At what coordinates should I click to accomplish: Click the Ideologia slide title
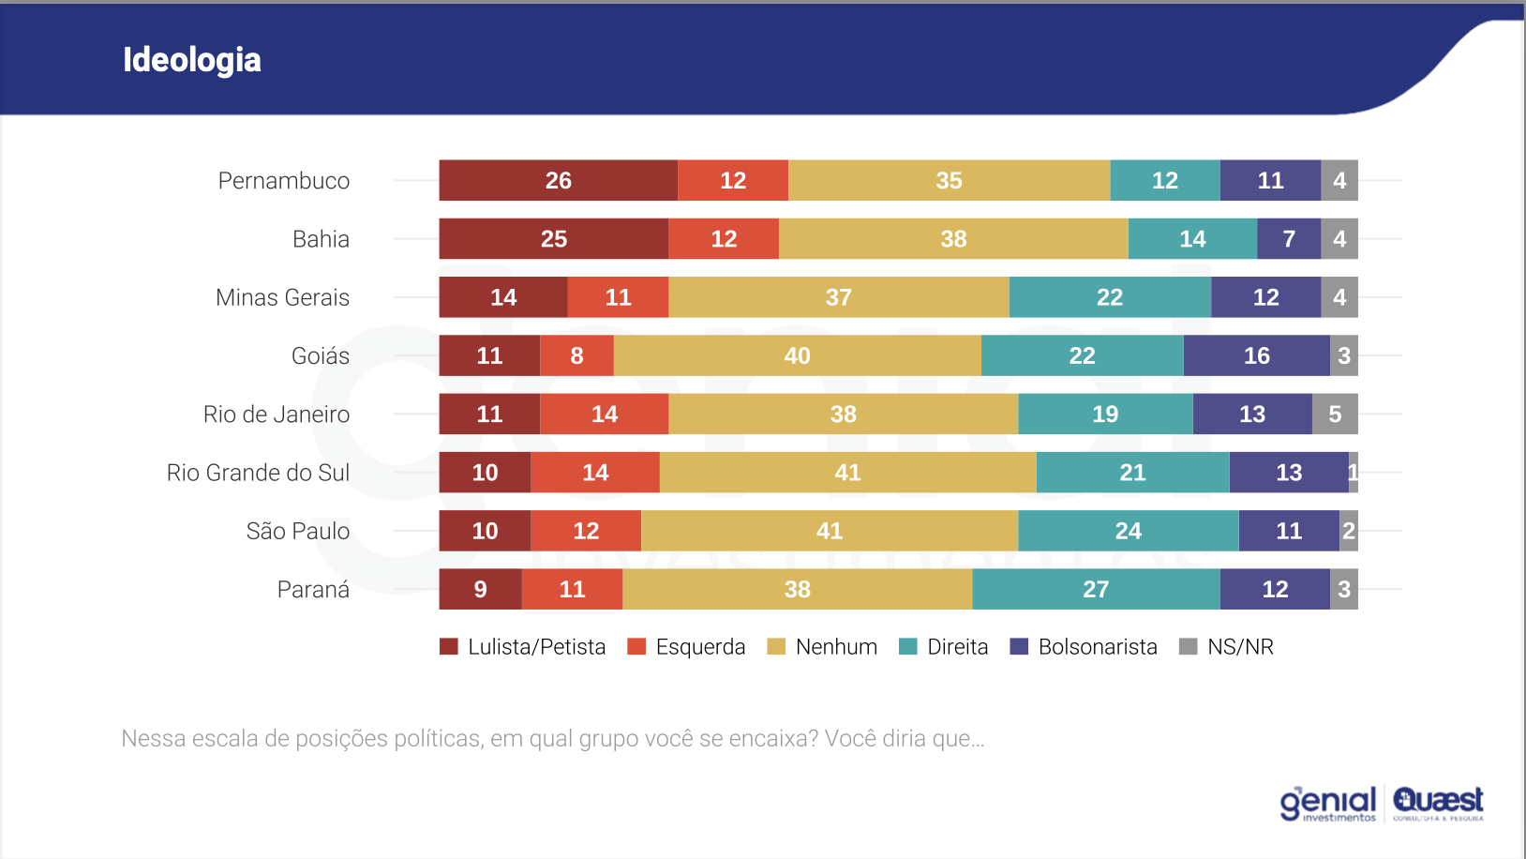pyautogui.click(x=192, y=60)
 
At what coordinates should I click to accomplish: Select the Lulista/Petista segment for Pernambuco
pyautogui.click(x=558, y=180)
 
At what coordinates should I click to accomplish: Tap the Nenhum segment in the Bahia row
pyautogui.click(x=953, y=239)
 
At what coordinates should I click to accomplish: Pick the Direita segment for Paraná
pyautogui.click(x=1096, y=589)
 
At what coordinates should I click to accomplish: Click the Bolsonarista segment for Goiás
pyautogui.click(x=1256, y=355)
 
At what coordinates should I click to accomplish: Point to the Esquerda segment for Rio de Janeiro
pyautogui.click(x=604, y=414)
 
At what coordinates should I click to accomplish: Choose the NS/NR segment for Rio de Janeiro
pyautogui.click(x=1335, y=414)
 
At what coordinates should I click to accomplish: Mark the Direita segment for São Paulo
pyautogui.click(x=1128, y=531)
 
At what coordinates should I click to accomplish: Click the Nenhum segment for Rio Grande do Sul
pyautogui.click(x=847, y=473)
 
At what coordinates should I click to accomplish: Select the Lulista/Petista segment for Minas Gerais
pyautogui.click(x=503, y=297)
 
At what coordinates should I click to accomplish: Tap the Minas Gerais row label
pyautogui.click(x=282, y=297)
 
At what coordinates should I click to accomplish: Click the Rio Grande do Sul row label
pyautogui.click(x=258, y=473)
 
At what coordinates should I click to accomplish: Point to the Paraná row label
pyautogui.click(x=313, y=590)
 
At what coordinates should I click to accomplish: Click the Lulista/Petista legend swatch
pyautogui.click(x=449, y=647)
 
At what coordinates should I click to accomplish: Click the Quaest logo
pyautogui.click(x=1438, y=803)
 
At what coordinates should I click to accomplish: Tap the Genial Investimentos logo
pyautogui.click(x=1328, y=804)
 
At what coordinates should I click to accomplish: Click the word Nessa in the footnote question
pyautogui.click(x=153, y=739)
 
